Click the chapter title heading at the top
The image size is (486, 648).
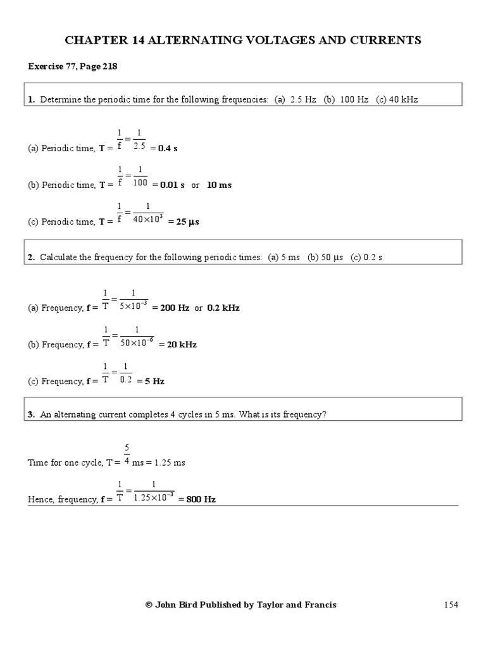point(243,40)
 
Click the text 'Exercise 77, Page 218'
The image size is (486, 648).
point(72,66)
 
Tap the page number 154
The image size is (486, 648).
point(450,604)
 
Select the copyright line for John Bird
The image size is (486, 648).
point(241,604)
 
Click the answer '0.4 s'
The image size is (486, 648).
point(169,148)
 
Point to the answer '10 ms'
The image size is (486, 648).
point(220,185)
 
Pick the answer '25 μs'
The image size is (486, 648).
point(188,222)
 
